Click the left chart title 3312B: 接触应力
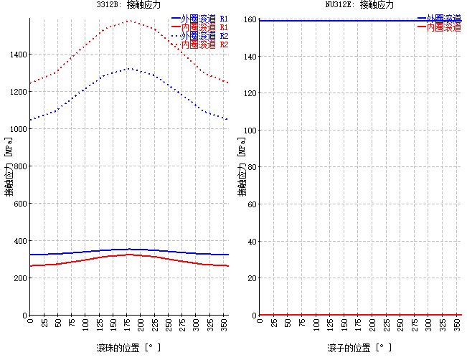128,5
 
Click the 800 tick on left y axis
20,166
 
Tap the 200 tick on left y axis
20,278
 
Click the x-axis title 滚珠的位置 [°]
128,348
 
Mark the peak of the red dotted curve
129,21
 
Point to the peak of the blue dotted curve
129,69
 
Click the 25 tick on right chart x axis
273,325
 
